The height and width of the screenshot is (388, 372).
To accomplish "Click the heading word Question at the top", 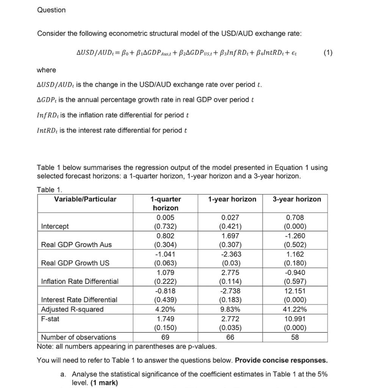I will click(51, 10).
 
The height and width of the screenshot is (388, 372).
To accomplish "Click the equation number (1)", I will click(328, 53).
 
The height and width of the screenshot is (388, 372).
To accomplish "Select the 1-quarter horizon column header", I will click(166, 203).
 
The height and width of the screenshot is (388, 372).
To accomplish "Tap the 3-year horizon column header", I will click(297, 199).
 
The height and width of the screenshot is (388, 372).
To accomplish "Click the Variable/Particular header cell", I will click(85, 199).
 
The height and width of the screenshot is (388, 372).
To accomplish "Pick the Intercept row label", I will click(55, 227).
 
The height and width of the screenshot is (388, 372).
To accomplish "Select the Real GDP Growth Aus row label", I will click(76, 245).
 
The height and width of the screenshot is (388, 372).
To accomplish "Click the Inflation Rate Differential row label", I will click(80, 281).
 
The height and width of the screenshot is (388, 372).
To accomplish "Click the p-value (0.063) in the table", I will click(166, 263).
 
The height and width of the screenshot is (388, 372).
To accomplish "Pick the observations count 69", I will click(166, 337).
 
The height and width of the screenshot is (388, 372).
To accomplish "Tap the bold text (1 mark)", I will click(103, 383).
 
